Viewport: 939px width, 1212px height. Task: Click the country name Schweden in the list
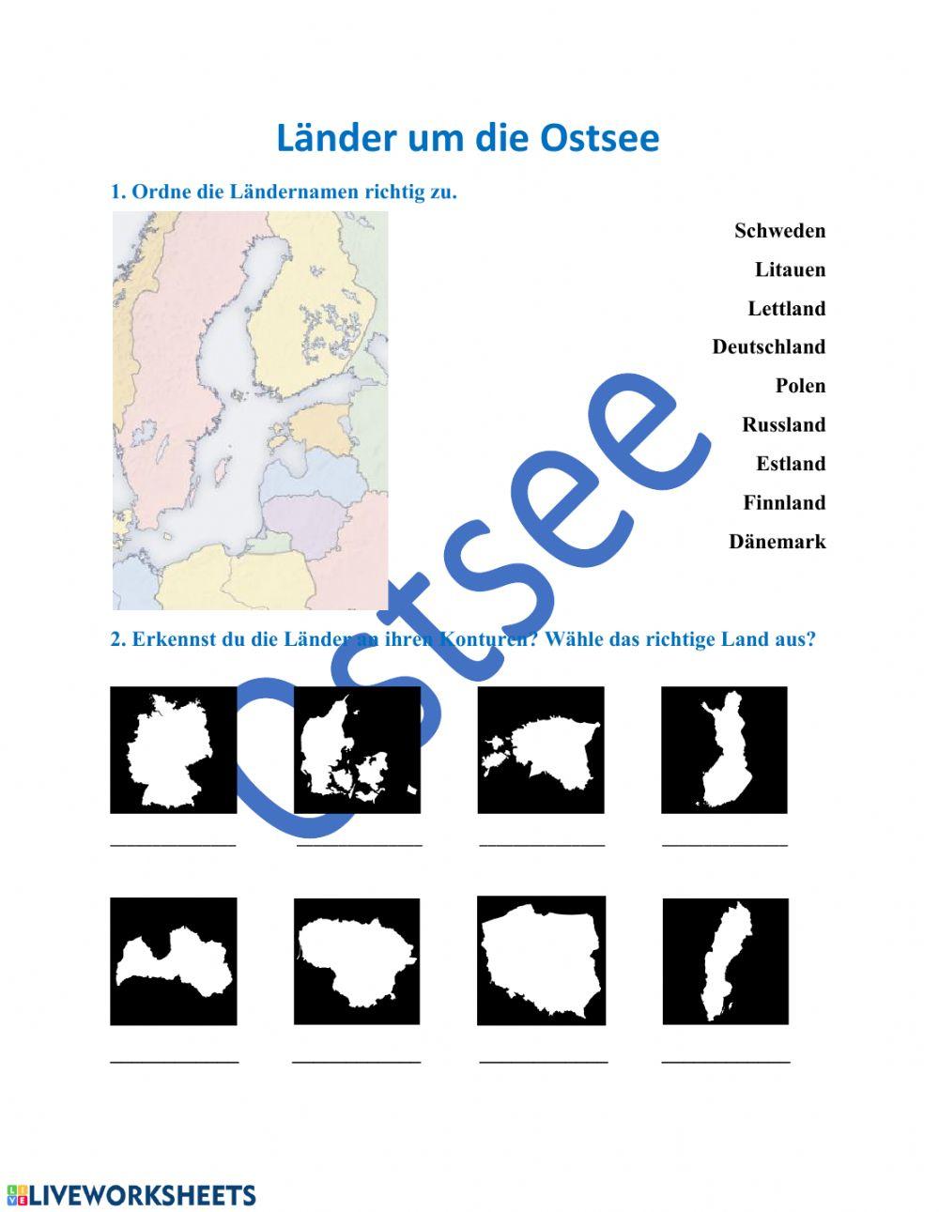click(x=779, y=231)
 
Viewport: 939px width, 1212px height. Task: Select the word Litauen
click(x=790, y=270)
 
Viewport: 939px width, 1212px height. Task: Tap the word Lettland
click(x=786, y=309)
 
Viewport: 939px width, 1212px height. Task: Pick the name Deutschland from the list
click(x=768, y=347)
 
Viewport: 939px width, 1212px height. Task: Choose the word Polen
click(x=800, y=386)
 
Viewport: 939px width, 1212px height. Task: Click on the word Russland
click(x=783, y=425)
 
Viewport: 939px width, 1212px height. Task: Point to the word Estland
click(x=791, y=464)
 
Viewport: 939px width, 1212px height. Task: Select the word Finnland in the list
click(x=784, y=503)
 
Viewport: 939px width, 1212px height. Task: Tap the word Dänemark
click(x=777, y=542)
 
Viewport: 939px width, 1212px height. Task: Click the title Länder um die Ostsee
click(x=468, y=138)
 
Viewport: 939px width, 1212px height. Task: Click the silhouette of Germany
click(x=174, y=750)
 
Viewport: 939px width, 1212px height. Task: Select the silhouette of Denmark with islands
click(x=358, y=750)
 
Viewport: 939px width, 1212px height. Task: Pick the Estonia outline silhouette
click(x=541, y=750)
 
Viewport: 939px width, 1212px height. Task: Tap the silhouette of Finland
click(x=724, y=750)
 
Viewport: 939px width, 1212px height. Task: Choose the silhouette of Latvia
click(x=174, y=961)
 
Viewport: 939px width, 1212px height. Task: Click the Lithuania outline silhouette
click(x=358, y=961)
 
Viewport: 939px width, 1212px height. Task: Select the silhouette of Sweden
click(x=725, y=961)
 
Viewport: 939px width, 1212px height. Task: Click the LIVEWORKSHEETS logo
click(x=131, y=1195)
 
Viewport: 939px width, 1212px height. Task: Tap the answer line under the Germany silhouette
click(x=174, y=843)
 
